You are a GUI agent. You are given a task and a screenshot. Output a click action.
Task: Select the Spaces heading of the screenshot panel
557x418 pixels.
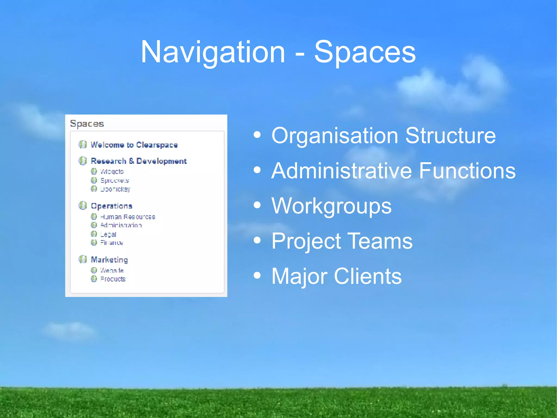tap(87, 124)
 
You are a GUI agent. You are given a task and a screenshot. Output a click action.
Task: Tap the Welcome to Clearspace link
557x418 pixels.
tap(134, 145)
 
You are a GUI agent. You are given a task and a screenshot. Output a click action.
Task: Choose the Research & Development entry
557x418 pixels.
tap(139, 161)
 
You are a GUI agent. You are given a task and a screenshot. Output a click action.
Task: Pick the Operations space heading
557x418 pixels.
tap(112, 206)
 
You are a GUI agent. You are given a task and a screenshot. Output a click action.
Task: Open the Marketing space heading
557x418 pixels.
tap(109, 260)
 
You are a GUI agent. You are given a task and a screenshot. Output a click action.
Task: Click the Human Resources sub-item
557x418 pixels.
tap(128, 217)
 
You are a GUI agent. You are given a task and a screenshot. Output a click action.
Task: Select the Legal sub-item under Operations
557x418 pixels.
tap(108, 234)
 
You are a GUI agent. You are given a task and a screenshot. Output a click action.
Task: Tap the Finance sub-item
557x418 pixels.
tap(112, 243)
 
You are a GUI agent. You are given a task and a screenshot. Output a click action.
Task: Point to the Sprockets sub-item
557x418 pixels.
tap(115, 181)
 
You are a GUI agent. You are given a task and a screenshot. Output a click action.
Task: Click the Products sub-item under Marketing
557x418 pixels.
tap(113, 279)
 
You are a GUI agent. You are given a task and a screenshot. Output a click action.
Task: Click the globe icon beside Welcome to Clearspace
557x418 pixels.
tap(83, 144)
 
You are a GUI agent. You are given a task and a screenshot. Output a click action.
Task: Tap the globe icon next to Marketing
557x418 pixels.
tap(83, 259)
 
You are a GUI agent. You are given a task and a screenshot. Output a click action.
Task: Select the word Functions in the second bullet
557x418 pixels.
tap(467, 171)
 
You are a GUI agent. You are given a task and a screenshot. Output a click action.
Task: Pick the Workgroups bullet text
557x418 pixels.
tap(331, 206)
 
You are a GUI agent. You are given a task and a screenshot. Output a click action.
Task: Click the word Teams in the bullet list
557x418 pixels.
tap(380, 241)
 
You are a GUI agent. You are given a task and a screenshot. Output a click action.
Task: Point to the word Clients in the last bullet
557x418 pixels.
tap(367, 276)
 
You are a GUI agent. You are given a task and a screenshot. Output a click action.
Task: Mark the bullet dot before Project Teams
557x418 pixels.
tap(257, 240)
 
